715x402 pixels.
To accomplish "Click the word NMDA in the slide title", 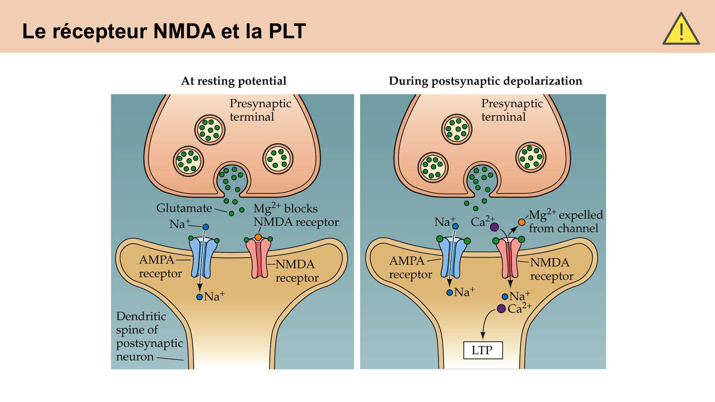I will pyautogui.click(x=184, y=31).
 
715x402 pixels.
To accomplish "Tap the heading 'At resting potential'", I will pyautogui.click(x=234, y=81).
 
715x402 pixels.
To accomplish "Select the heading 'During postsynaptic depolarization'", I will pyautogui.click(x=485, y=81).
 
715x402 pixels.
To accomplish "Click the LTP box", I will pyautogui.click(x=483, y=350).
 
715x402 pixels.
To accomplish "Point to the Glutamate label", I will pyautogui.click(x=184, y=208).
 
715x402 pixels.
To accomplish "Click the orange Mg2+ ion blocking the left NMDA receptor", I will pyautogui.click(x=258, y=237).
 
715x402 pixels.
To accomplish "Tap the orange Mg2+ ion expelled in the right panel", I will pyautogui.click(x=522, y=222).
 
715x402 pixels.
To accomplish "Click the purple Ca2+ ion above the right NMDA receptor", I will pyautogui.click(x=494, y=227).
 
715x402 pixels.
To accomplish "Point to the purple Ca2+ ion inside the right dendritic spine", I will pyautogui.click(x=501, y=308).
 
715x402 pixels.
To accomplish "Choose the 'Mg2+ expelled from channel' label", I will pyautogui.click(x=565, y=222).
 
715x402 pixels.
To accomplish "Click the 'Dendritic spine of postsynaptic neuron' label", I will pyautogui.click(x=148, y=336).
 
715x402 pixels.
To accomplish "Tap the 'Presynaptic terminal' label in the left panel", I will pyautogui.click(x=260, y=110).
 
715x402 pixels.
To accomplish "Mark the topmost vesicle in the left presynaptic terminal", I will pyautogui.click(x=210, y=130).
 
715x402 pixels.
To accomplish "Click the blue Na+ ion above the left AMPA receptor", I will pyautogui.click(x=206, y=227).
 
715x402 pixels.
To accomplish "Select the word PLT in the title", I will pyautogui.click(x=287, y=31).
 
